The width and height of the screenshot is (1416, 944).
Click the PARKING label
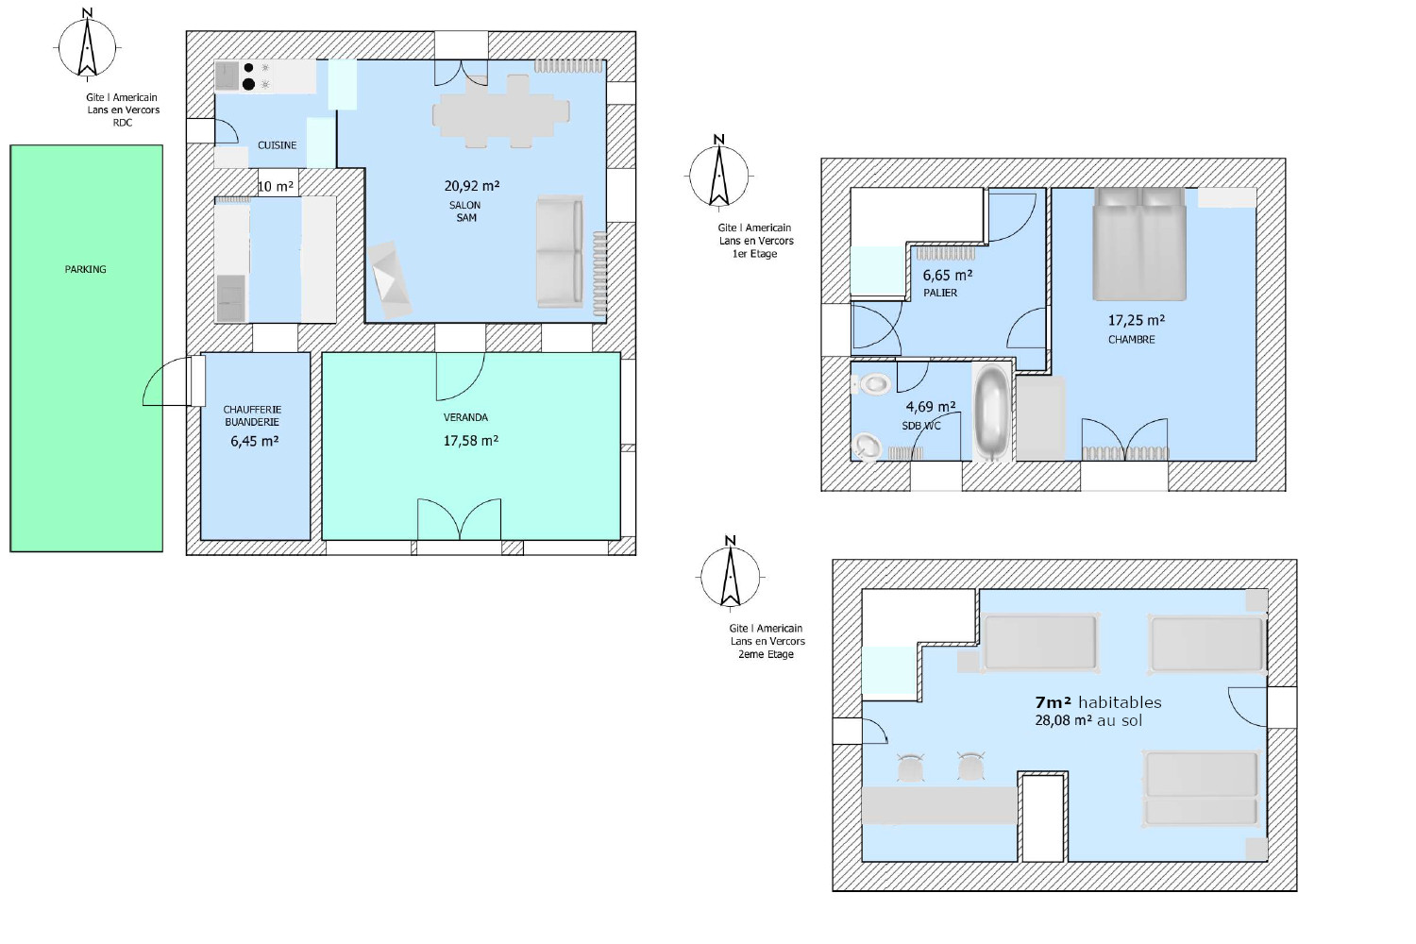pos(85,269)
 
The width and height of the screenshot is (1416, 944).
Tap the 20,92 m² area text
pos(472,186)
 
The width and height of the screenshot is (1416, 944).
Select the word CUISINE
pos(277,145)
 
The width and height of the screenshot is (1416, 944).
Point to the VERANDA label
pos(465,417)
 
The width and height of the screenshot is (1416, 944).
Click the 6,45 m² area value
pos(254,442)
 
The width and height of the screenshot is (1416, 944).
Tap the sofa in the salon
pos(560,252)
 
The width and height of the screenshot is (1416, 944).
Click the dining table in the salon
pos(500,112)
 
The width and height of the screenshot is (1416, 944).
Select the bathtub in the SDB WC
pos(991,412)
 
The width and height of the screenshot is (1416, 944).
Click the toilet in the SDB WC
pos(871,383)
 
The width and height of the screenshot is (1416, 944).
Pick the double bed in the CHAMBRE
pos(1139,244)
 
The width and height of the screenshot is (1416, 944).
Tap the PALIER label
pos(940,293)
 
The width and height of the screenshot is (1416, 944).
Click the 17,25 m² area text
pos(1136,321)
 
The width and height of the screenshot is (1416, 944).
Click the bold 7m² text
pos(1053,702)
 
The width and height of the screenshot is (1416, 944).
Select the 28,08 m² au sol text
pos(1087,720)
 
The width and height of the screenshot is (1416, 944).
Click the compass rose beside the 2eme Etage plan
pos(730,575)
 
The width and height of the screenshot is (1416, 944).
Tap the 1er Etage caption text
pos(755,254)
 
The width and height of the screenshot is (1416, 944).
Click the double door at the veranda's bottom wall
pos(459,519)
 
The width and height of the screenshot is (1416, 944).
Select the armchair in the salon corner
pos(390,280)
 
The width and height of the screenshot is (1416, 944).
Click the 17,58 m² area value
pos(471,441)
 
